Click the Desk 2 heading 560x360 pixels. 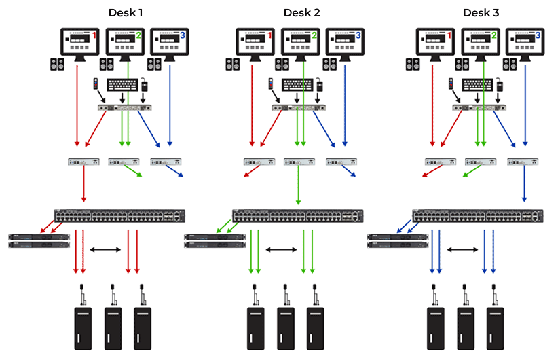coord(303,12)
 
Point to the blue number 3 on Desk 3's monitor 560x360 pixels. coord(538,35)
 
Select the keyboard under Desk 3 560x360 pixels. coord(481,86)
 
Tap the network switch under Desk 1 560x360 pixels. coord(119,216)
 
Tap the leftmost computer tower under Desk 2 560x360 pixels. coord(255,326)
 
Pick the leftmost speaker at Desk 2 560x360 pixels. coord(231,65)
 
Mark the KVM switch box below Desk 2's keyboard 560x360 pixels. coord(299,107)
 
